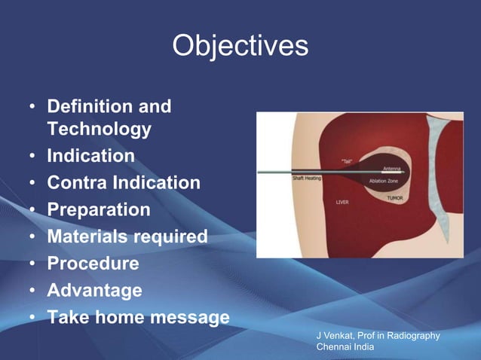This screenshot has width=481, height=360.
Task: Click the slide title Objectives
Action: click(x=240, y=46)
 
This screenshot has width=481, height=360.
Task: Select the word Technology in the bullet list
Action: click(x=99, y=130)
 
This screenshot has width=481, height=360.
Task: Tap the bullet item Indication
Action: click(x=91, y=156)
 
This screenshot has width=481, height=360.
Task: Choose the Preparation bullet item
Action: click(x=99, y=210)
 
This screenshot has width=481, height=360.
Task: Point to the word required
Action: click(x=171, y=236)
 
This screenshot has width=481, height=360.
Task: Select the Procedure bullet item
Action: click(x=93, y=264)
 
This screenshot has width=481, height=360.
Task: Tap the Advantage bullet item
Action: click(x=94, y=290)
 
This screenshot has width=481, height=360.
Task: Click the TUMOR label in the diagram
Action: click(x=396, y=197)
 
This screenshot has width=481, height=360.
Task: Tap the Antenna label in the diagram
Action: click(x=392, y=168)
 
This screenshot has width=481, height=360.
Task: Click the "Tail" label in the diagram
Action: click(x=349, y=160)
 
